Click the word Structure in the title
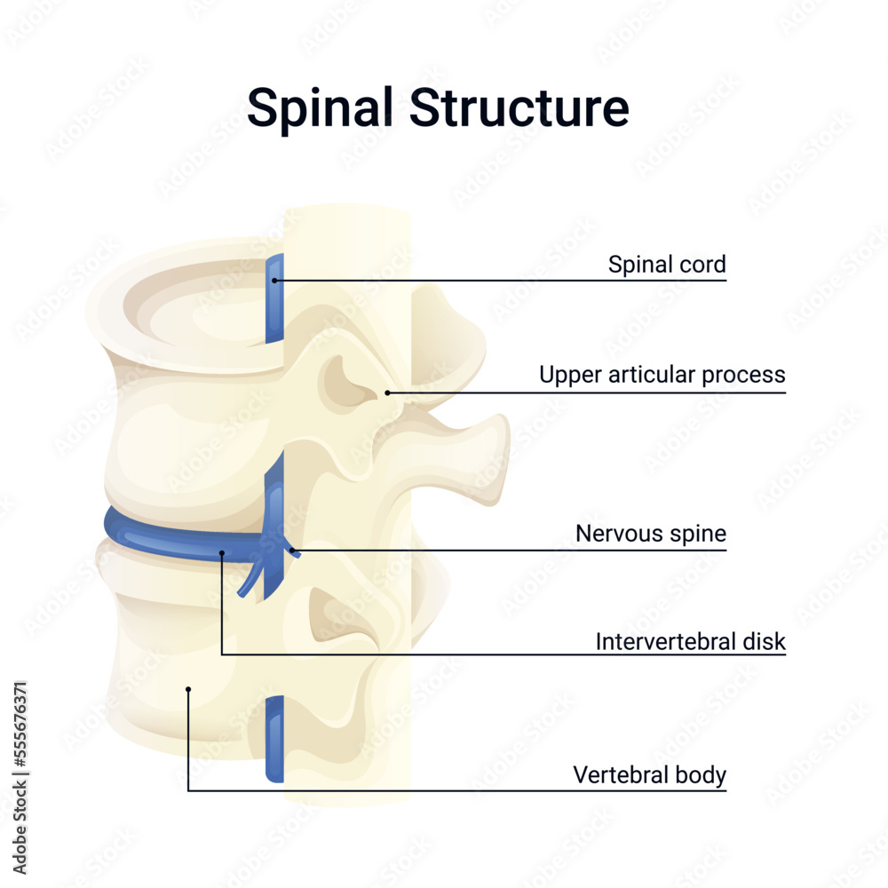coord(519,108)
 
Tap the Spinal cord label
coord(667,265)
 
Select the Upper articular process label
coord(662,376)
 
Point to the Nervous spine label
coord(651,534)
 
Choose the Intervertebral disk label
coord(690,641)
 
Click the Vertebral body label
coord(649,775)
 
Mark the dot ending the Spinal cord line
coord(274,281)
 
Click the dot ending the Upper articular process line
coord(388,392)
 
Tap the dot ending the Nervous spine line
coord(291,551)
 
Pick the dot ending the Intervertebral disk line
coord(221,552)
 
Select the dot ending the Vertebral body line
coord(188,688)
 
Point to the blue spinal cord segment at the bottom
coord(274,739)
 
